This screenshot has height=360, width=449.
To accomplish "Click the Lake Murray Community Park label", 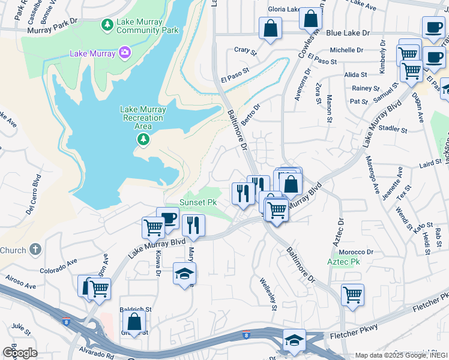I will (148, 26).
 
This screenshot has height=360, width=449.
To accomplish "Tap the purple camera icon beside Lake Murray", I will (125, 53).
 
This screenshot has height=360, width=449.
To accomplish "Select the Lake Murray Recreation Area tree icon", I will (143, 140).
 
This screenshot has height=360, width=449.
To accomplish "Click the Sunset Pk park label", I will (198, 203).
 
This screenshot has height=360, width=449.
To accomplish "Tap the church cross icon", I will (35, 250).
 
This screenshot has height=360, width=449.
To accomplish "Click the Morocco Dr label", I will (360, 251).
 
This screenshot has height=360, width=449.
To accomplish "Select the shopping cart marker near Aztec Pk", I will (352, 295).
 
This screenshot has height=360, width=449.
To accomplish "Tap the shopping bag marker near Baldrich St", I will (134, 322).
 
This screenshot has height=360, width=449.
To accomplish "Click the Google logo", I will (19, 352).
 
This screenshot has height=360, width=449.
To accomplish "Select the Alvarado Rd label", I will (95, 355).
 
